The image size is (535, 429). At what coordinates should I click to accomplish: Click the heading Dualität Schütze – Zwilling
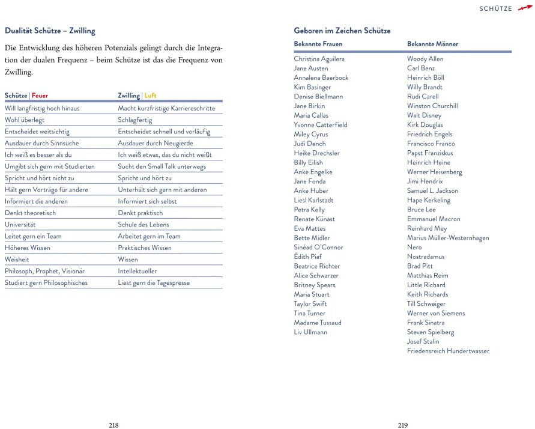(x=50, y=31)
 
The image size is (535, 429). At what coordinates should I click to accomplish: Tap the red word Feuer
(x=40, y=96)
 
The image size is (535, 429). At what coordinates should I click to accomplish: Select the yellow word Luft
(x=150, y=96)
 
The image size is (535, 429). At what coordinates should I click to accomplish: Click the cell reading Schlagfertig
(x=135, y=120)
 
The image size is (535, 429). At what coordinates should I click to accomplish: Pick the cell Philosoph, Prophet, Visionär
(x=44, y=271)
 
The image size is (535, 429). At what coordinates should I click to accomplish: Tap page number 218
(x=113, y=425)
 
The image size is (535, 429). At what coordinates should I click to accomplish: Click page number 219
(x=402, y=425)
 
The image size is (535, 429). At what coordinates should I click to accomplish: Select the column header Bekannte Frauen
(x=318, y=44)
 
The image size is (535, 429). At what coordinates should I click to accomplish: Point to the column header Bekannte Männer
(x=432, y=44)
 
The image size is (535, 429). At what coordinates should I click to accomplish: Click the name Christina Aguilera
(x=319, y=59)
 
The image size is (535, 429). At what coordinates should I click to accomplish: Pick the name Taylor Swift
(x=310, y=304)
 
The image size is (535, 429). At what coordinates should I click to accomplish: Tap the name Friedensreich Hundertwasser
(x=448, y=351)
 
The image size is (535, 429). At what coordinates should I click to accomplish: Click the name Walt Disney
(x=424, y=115)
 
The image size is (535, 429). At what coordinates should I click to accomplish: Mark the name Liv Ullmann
(x=310, y=332)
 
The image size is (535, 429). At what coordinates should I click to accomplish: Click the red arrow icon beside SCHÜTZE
(x=525, y=7)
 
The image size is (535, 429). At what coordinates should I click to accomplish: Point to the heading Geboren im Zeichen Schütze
(x=342, y=31)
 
